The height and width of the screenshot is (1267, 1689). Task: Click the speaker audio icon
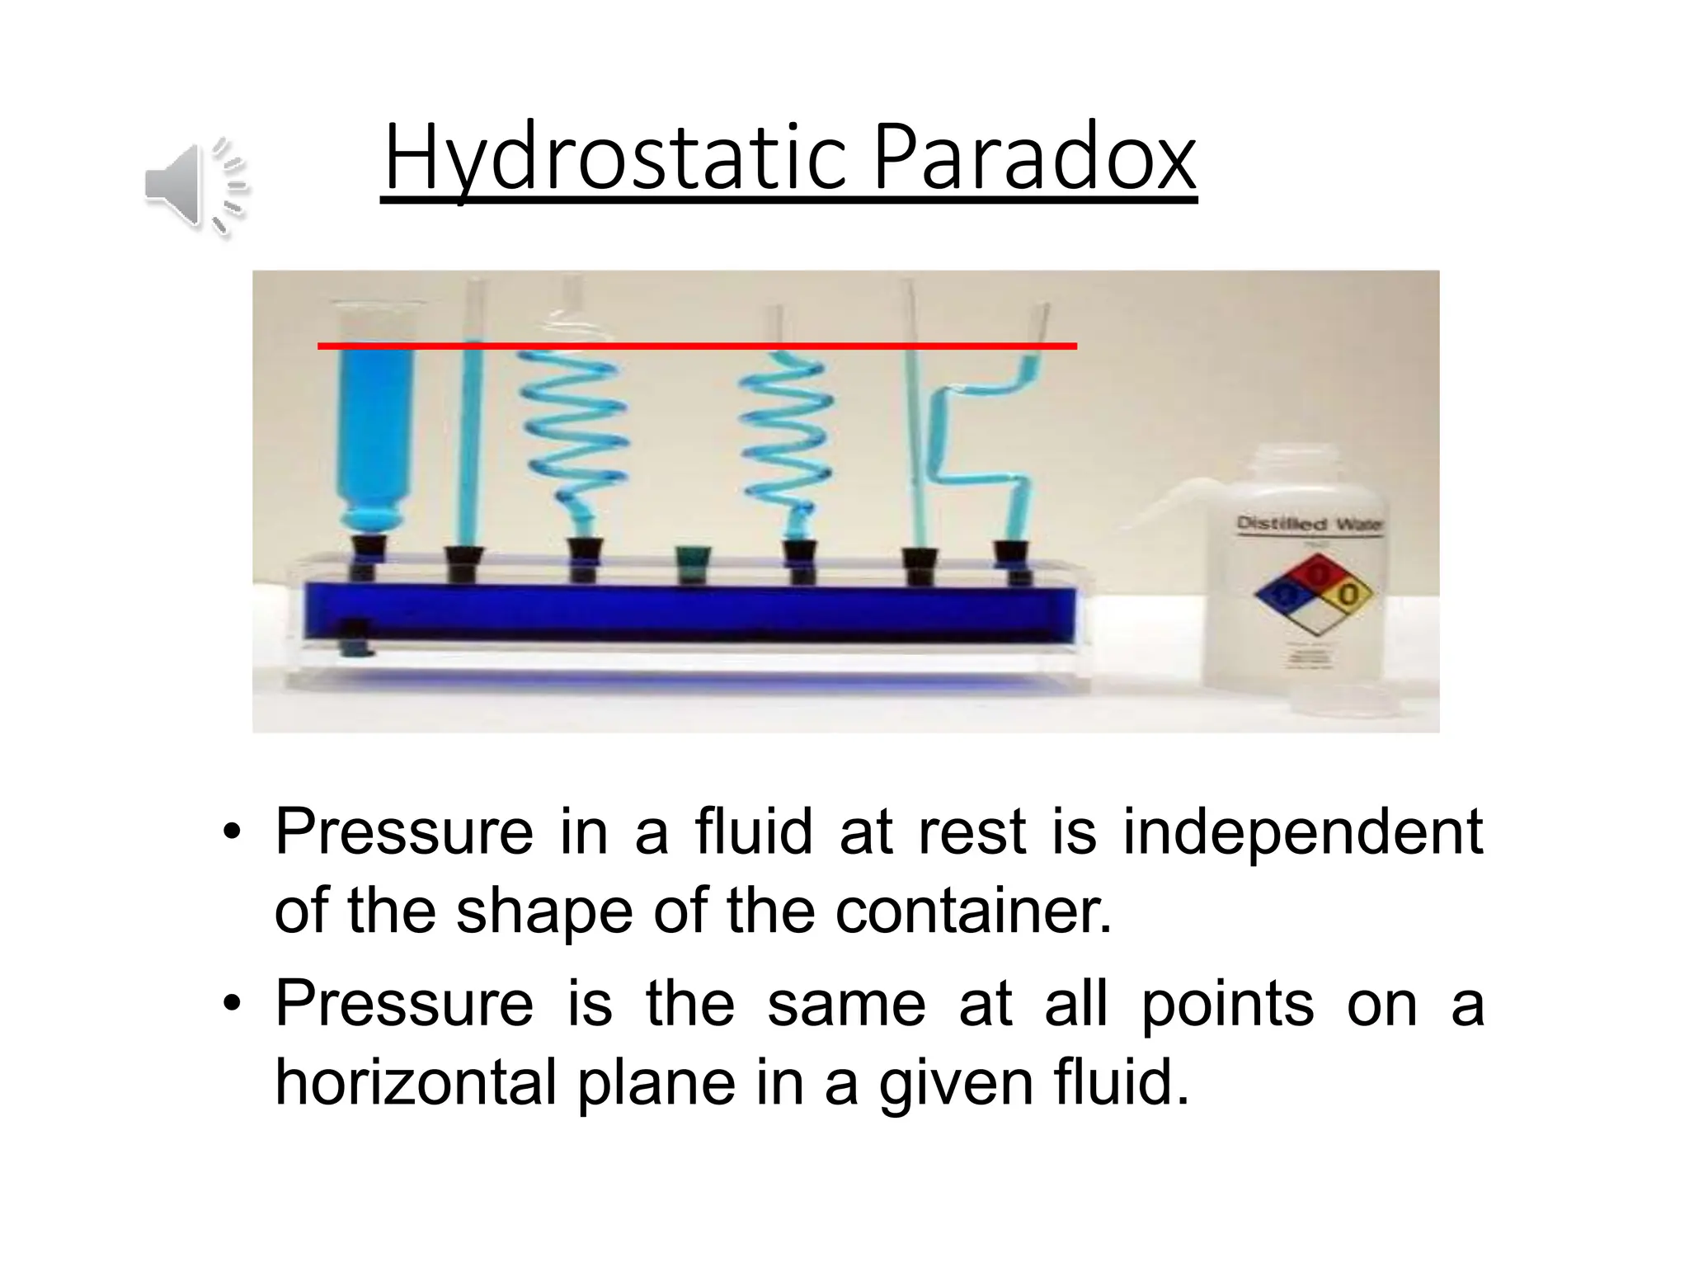[195, 185]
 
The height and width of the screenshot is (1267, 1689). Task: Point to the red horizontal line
[697, 346]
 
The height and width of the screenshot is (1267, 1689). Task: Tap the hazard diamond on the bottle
[1314, 593]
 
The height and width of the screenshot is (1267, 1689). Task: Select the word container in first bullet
[973, 912]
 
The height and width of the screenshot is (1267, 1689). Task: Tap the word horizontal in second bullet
[416, 1082]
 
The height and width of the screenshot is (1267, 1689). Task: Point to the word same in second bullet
[846, 1005]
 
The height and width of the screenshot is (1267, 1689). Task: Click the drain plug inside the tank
[355, 638]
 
